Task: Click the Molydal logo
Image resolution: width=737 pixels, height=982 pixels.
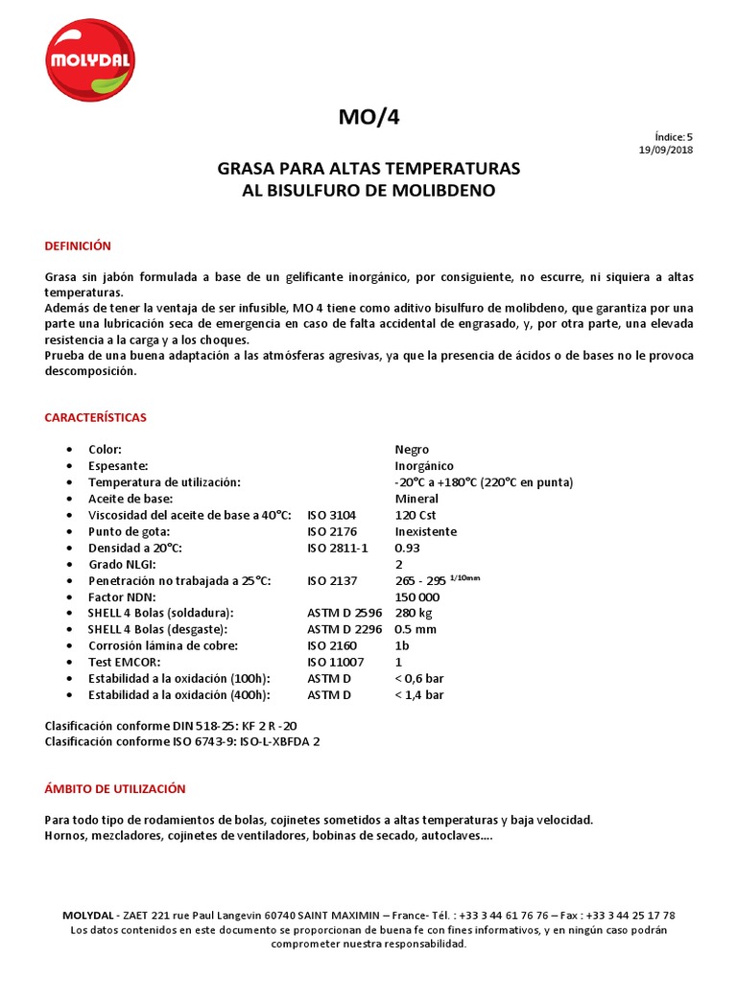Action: [92, 59]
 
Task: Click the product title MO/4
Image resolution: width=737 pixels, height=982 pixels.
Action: [368, 117]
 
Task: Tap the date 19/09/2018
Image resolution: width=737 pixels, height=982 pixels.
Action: [666, 150]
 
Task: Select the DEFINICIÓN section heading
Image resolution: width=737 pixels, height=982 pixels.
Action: [79, 246]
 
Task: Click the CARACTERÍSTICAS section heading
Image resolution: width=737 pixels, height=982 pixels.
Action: [96, 418]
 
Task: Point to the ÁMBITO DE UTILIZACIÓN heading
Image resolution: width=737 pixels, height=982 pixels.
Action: [115, 788]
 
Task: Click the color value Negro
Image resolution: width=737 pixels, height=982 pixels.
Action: [412, 450]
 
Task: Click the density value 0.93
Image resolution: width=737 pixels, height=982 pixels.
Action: [407, 548]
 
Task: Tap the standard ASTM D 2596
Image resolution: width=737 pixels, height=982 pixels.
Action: [345, 613]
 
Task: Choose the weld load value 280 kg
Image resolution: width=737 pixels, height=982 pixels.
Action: [414, 613]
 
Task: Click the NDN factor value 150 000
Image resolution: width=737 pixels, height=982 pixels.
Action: [418, 596]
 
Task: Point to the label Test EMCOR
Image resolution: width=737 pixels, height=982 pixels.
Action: [124, 662]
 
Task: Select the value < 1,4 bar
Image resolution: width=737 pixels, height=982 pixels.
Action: [419, 694]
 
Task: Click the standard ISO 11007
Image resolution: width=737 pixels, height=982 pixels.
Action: [335, 662]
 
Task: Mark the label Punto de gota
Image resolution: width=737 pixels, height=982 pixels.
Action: [129, 531]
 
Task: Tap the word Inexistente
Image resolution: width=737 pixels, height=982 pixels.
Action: [425, 531]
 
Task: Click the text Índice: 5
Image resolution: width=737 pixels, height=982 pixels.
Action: [673, 137]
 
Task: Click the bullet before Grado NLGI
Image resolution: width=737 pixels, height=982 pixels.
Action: [68, 564]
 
